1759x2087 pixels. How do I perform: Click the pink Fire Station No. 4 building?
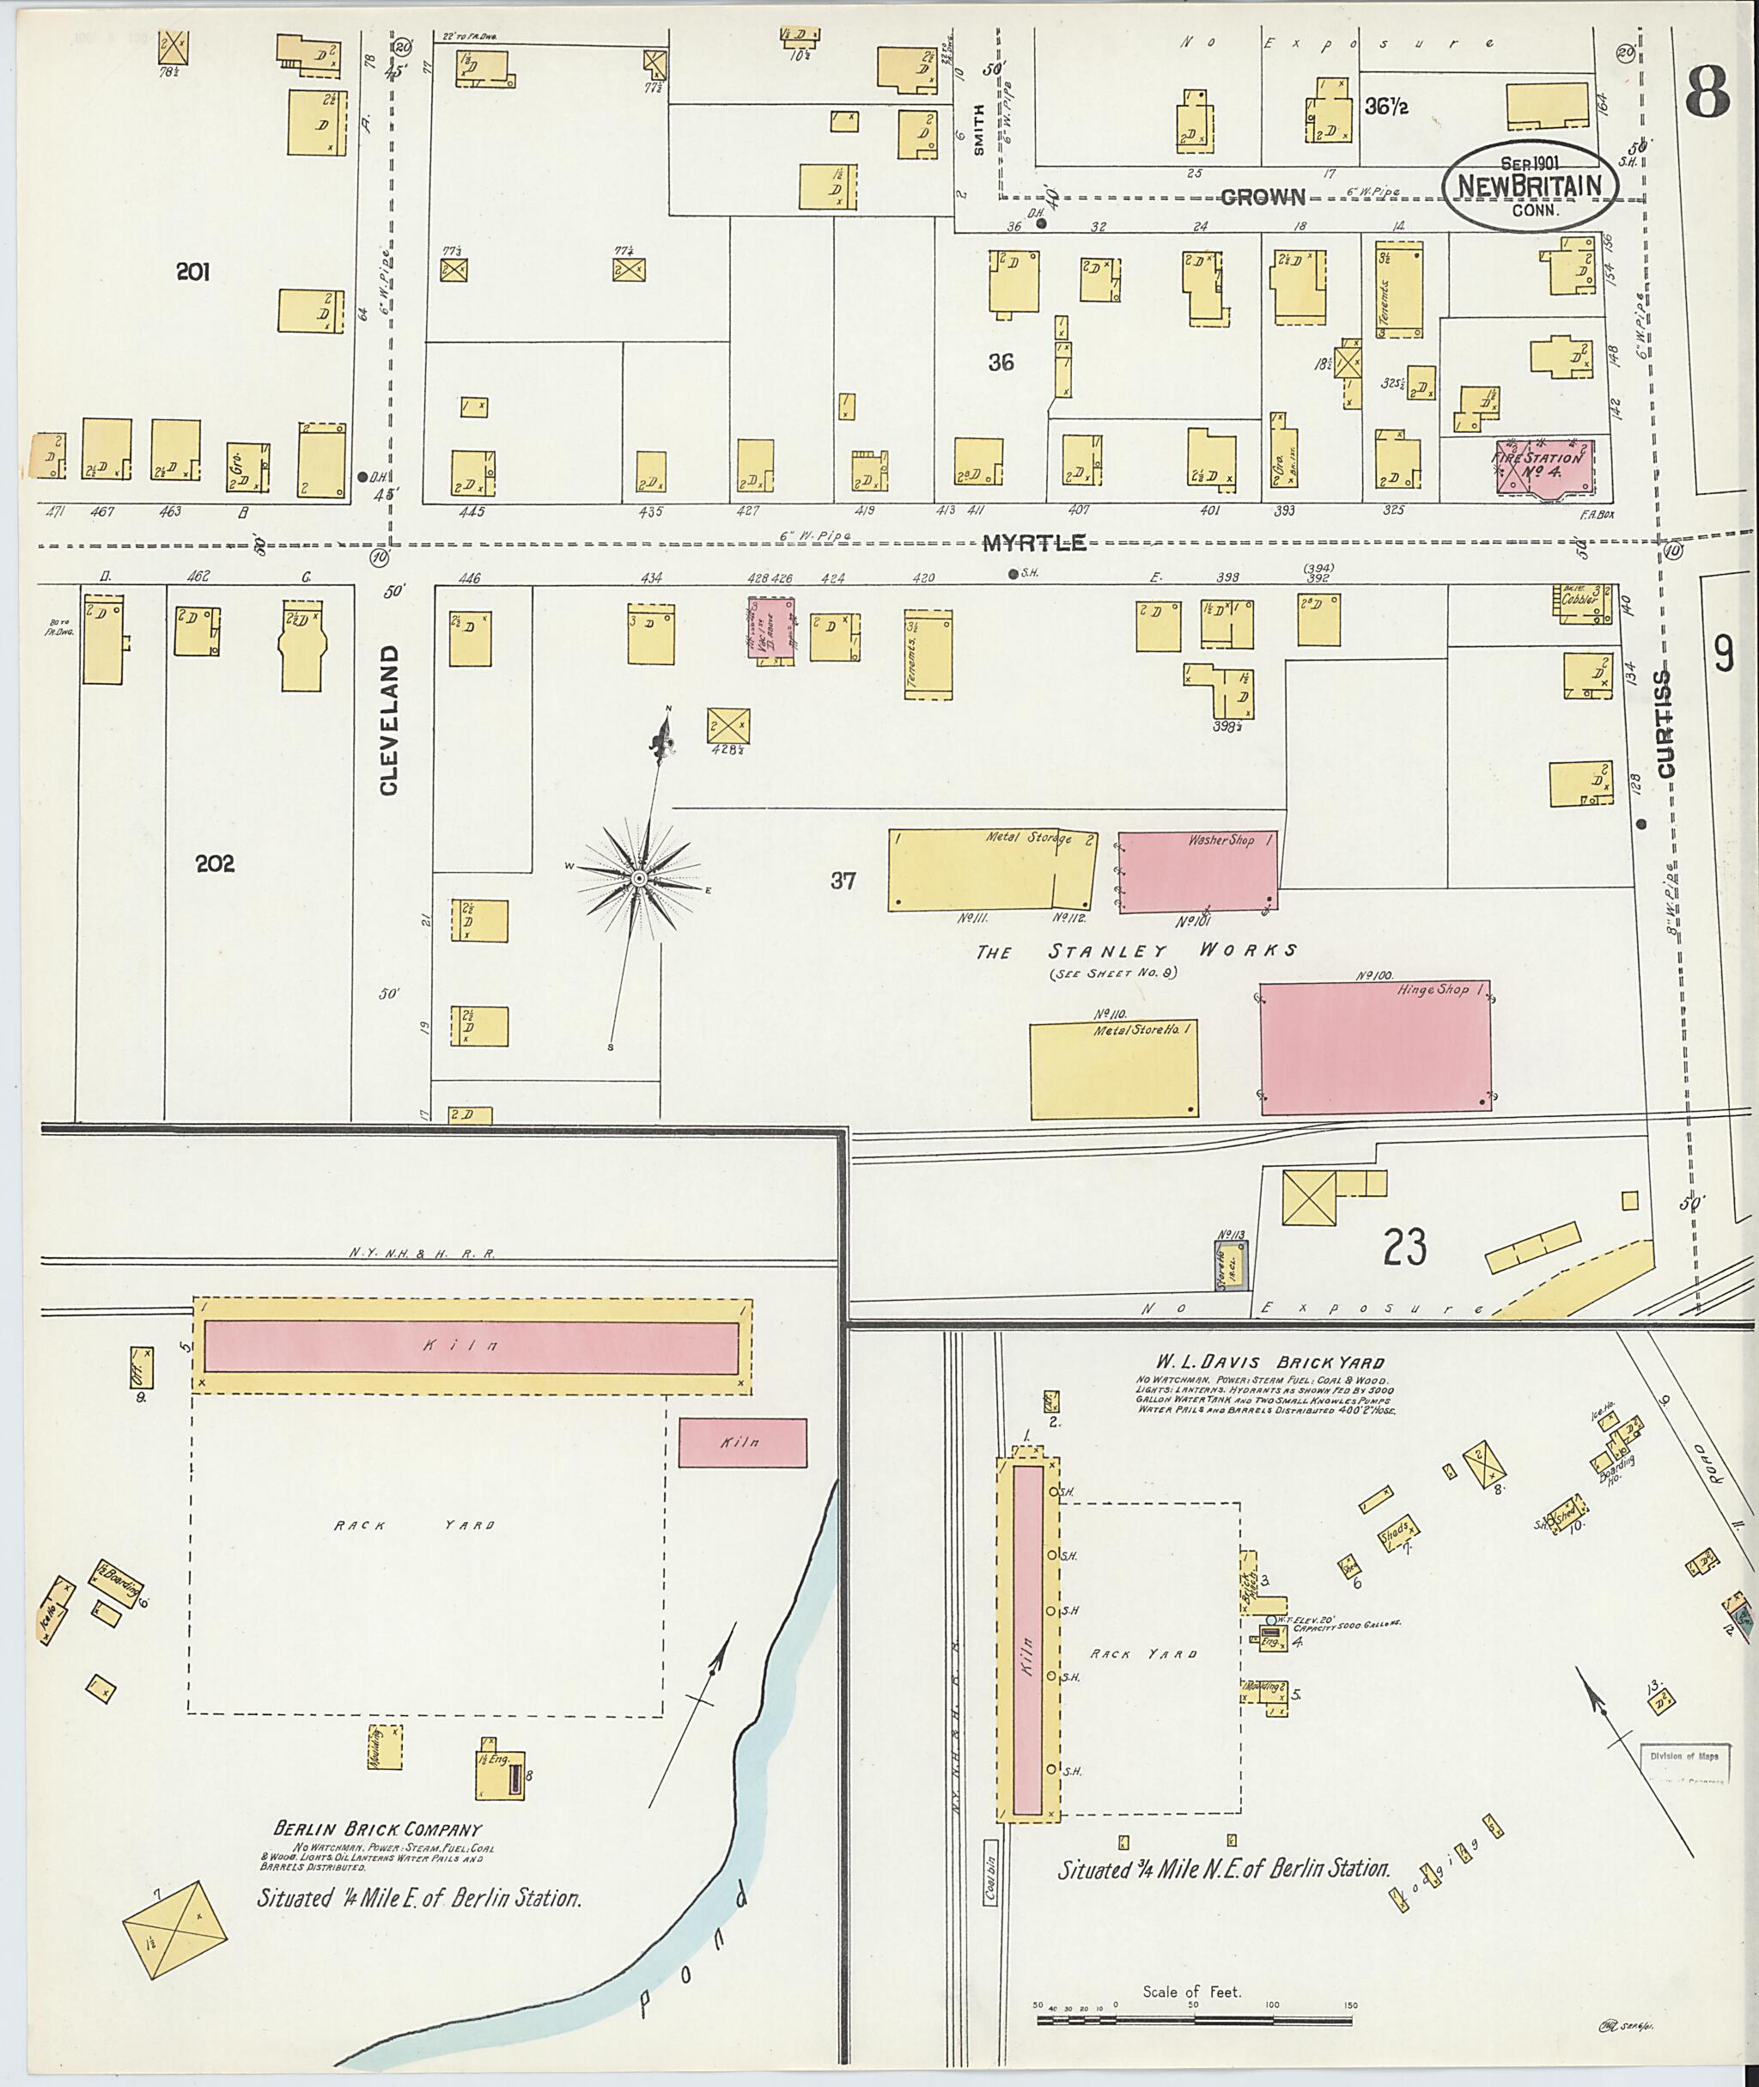[x=1543, y=465]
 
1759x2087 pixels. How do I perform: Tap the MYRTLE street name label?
[x=1033, y=543]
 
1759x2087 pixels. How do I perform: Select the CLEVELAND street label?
[x=388, y=719]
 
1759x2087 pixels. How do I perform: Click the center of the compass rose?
[x=639, y=878]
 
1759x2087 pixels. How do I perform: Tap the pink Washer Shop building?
[x=1197, y=871]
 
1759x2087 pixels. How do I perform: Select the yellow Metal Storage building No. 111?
[x=990, y=869]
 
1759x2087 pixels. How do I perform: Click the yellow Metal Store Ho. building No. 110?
[x=1113, y=1069]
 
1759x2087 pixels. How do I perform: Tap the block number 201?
[x=192, y=272]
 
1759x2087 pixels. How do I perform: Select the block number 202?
[x=215, y=864]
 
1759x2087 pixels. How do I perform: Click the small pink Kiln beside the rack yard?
[x=742, y=1443]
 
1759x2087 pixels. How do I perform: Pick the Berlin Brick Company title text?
[x=377, y=1829]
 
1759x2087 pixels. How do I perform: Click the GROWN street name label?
[x=1263, y=197]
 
